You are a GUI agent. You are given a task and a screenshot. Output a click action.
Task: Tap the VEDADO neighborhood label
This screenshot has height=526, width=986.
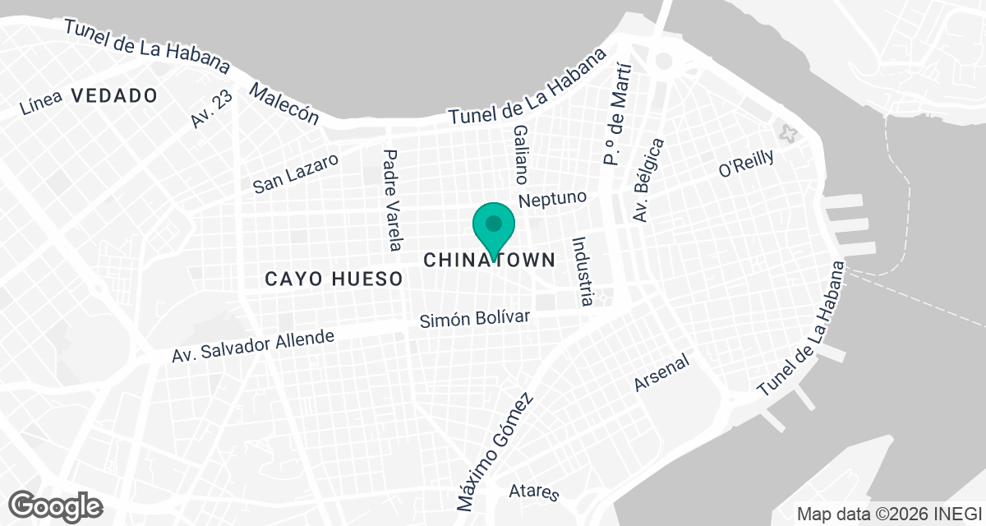click(x=113, y=95)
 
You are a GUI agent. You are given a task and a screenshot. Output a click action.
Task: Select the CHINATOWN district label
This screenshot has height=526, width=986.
click(x=490, y=260)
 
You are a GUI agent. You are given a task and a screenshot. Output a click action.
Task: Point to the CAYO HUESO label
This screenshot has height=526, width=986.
click(x=334, y=279)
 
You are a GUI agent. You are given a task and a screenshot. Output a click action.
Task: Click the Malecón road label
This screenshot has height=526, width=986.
click(x=284, y=103)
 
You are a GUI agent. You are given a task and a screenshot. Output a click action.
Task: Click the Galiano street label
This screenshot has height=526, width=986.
click(x=520, y=155)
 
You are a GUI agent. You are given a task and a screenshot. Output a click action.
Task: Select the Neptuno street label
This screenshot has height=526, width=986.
click(x=553, y=199)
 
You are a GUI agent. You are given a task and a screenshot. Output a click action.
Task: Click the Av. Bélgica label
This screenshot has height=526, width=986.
click(x=647, y=180)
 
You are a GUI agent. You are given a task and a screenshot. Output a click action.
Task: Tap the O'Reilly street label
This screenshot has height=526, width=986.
click(x=746, y=164)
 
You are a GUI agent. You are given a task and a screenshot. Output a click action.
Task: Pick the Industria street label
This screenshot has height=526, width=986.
click(x=582, y=271)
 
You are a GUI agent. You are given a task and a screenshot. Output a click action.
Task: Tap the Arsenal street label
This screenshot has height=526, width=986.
click(x=661, y=374)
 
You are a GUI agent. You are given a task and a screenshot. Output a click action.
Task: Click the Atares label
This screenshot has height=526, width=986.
click(x=534, y=491)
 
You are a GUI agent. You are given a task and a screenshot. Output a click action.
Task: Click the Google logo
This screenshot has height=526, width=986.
click(x=56, y=505)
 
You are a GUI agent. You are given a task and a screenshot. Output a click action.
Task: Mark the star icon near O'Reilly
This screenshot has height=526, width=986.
click(x=789, y=133)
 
